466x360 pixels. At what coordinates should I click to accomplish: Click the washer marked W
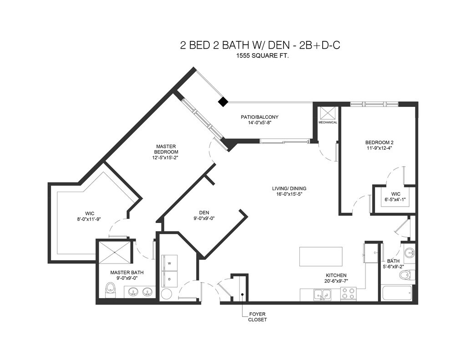tap(169, 263)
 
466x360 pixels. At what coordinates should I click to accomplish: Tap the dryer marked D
tap(169, 279)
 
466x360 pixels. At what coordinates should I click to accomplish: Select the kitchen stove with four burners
tap(348, 294)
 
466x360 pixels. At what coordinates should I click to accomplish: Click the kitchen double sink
tap(322, 295)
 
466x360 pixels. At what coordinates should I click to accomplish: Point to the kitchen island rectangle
tap(321, 257)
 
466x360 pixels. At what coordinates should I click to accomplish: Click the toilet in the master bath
tap(111, 290)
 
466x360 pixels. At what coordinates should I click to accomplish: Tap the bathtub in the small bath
tap(397, 293)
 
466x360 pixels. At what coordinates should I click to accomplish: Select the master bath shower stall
tap(114, 252)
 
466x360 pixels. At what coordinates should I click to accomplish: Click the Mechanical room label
tap(328, 122)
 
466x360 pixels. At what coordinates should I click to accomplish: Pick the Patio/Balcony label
tap(259, 117)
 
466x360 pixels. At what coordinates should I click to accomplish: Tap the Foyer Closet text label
tap(258, 317)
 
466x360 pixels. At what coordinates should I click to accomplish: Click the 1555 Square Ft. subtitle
tap(263, 56)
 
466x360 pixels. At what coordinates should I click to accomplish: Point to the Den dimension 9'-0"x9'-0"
tap(204, 218)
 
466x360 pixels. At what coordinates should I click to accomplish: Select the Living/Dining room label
tap(289, 188)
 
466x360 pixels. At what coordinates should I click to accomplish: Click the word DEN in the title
tap(279, 45)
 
